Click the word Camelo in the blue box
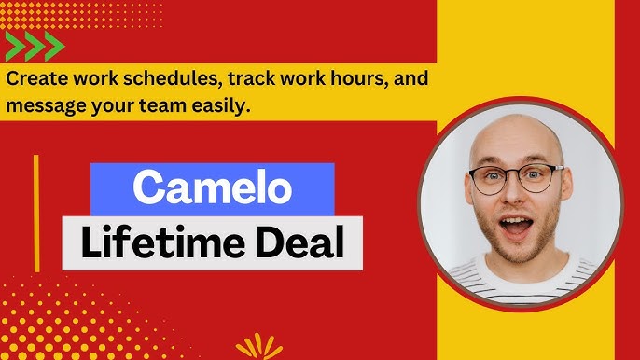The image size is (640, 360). pos(212,190)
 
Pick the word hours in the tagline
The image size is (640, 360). pos(340,80)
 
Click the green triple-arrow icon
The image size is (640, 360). pos(35,46)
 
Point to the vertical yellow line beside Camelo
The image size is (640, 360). pos(36,215)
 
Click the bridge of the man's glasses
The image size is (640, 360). pos(516,174)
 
